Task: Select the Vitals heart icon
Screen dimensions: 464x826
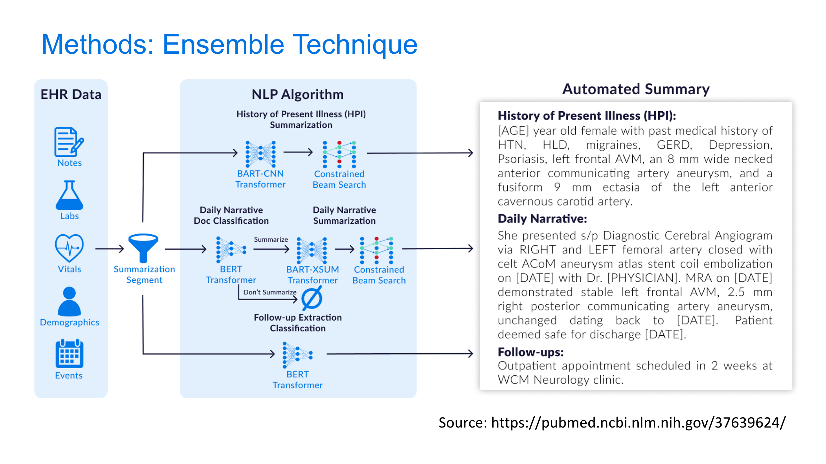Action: pos(69,248)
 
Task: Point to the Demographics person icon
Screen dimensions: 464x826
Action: pos(69,302)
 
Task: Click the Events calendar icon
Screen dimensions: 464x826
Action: pos(69,354)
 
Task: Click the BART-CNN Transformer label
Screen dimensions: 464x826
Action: pos(261,179)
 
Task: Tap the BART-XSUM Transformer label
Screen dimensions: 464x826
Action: pos(313,275)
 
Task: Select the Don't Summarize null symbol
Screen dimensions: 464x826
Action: pos(312,298)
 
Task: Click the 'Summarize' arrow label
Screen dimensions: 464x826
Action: pos(271,239)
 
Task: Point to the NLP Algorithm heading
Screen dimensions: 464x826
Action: pos(298,94)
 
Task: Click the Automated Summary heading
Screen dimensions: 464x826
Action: pos(636,89)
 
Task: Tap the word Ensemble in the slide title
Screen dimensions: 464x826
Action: pos(223,44)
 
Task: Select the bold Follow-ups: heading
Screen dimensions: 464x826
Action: pos(530,352)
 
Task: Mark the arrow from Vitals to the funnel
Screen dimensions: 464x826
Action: pos(109,249)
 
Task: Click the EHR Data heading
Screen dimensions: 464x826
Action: pos(71,94)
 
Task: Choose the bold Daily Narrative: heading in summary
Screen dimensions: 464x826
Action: pos(542,219)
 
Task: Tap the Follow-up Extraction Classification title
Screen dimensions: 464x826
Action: pos(298,323)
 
